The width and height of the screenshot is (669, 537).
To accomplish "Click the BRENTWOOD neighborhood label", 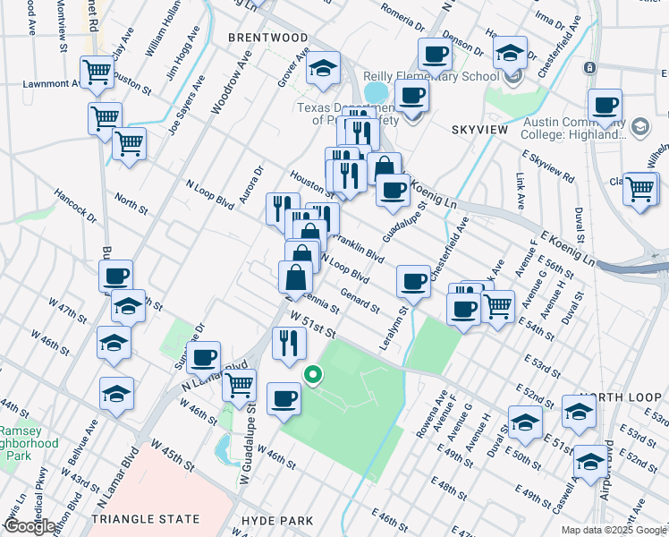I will tap(267, 38).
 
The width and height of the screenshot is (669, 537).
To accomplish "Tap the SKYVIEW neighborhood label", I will tap(477, 131).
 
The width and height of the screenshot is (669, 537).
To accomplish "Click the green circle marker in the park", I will tap(312, 375).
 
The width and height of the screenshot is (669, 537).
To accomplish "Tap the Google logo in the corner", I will tap(29, 525).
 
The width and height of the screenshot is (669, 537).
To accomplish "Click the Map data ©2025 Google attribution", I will tap(613, 530).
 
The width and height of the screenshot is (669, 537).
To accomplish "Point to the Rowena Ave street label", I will tap(439, 406).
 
